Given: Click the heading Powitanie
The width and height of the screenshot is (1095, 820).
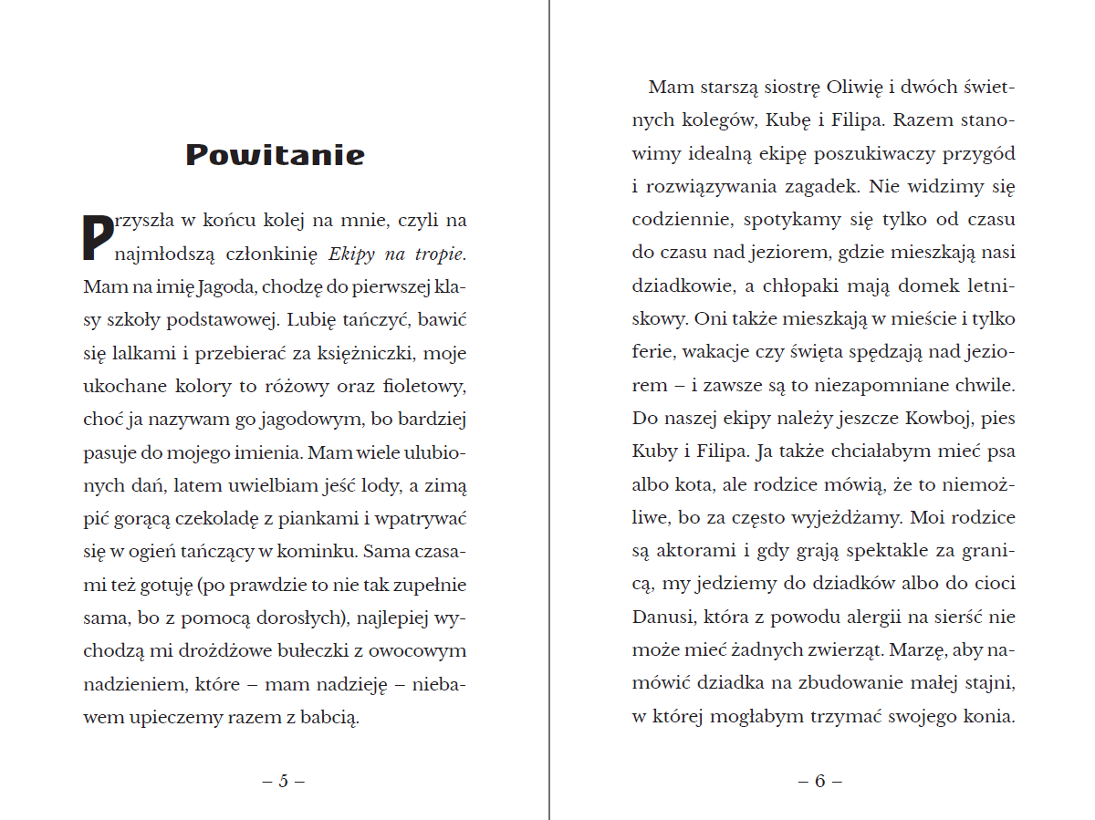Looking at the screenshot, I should (x=275, y=155).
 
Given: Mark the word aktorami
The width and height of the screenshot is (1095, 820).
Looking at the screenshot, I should (x=693, y=551).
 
